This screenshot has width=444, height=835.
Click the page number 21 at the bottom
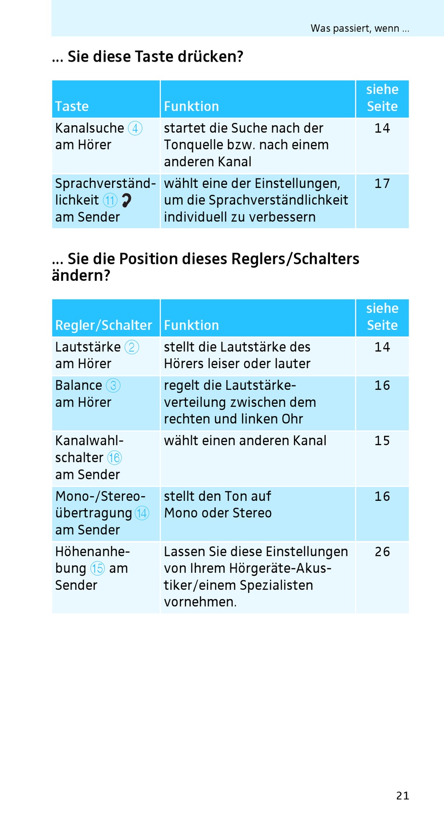point(402,796)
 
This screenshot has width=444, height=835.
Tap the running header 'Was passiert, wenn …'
point(360,29)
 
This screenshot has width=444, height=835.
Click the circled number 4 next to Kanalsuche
point(135,128)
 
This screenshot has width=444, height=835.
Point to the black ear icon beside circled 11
point(126,200)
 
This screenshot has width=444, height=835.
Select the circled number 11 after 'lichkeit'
point(110,200)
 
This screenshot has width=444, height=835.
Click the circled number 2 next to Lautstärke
point(132,347)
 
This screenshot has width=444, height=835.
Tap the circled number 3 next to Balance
point(113,385)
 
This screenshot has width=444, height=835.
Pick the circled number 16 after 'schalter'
point(115,458)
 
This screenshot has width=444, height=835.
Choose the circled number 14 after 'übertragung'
point(142,513)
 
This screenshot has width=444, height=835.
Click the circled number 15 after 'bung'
point(98,569)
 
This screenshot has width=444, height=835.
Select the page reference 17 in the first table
point(382,184)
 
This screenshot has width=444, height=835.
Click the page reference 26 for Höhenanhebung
point(382,552)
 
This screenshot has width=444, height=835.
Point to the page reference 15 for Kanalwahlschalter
point(382,441)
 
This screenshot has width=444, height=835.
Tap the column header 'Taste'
point(72,107)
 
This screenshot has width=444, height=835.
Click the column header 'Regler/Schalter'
point(104,325)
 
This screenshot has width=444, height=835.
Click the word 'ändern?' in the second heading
point(81,276)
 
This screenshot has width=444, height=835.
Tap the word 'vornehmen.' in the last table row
point(201,602)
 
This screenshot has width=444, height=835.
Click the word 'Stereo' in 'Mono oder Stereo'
point(252,513)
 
